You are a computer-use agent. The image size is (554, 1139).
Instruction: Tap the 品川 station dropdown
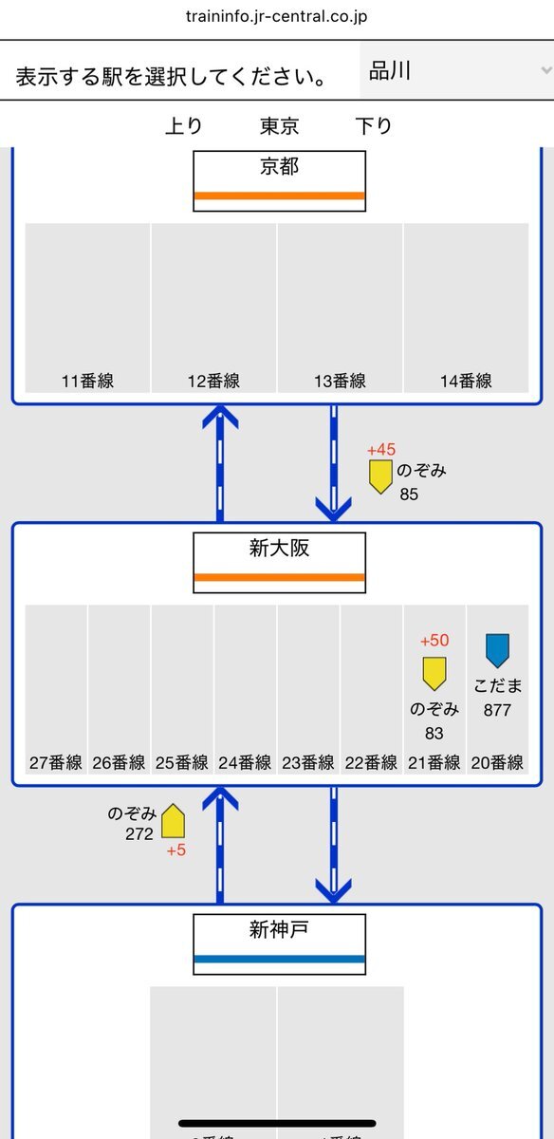pos(456,70)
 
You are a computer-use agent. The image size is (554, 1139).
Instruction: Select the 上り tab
pos(184,125)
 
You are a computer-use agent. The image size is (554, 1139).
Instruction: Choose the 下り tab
pos(374,125)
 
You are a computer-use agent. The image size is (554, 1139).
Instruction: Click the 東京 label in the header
pos(279,125)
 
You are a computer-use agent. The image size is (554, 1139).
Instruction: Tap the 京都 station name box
pos(279,180)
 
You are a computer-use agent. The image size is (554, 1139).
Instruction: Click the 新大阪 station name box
pos(279,562)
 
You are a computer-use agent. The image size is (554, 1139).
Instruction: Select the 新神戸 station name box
pos(279,944)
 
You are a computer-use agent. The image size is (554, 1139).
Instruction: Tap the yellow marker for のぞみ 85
pos(380,476)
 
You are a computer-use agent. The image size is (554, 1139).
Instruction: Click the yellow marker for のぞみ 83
pos(434,674)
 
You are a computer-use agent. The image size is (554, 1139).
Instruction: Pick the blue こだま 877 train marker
pos(498,650)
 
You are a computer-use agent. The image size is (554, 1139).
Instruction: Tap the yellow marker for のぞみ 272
pos(173,821)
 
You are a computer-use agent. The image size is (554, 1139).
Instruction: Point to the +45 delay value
pos(381,450)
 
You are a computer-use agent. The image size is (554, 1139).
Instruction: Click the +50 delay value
pos(434,640)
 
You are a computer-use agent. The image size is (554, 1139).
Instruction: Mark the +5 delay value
pos(176,850)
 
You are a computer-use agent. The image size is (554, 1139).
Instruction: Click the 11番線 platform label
pos(87,381)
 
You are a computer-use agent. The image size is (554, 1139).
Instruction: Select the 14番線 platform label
pos(466,381)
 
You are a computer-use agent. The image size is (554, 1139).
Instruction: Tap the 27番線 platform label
pos(56,763)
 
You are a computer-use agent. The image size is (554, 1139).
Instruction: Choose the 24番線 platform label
pos(245,763)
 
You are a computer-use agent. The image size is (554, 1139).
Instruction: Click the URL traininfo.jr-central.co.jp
pos(276,16)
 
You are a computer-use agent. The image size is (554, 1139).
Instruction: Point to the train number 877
pos(497,710)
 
